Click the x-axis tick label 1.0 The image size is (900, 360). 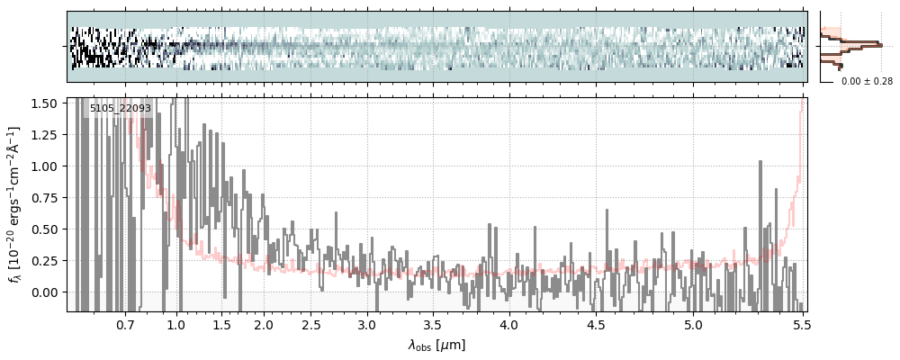[176, 324]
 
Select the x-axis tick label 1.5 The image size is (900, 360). [221, 324]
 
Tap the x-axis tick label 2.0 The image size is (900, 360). [264, 324]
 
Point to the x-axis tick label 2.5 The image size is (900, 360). [311, 324]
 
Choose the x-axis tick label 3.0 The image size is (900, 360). [366, 324]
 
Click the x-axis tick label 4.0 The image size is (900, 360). [509, 324]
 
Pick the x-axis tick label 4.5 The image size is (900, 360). [599, 324]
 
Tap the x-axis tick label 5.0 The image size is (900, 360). [694, 324]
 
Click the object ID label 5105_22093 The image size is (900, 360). [121, 108]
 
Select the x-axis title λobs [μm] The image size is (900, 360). [436, 345]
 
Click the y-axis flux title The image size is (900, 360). [15, 203]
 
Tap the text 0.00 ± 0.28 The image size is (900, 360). [867, 81]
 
